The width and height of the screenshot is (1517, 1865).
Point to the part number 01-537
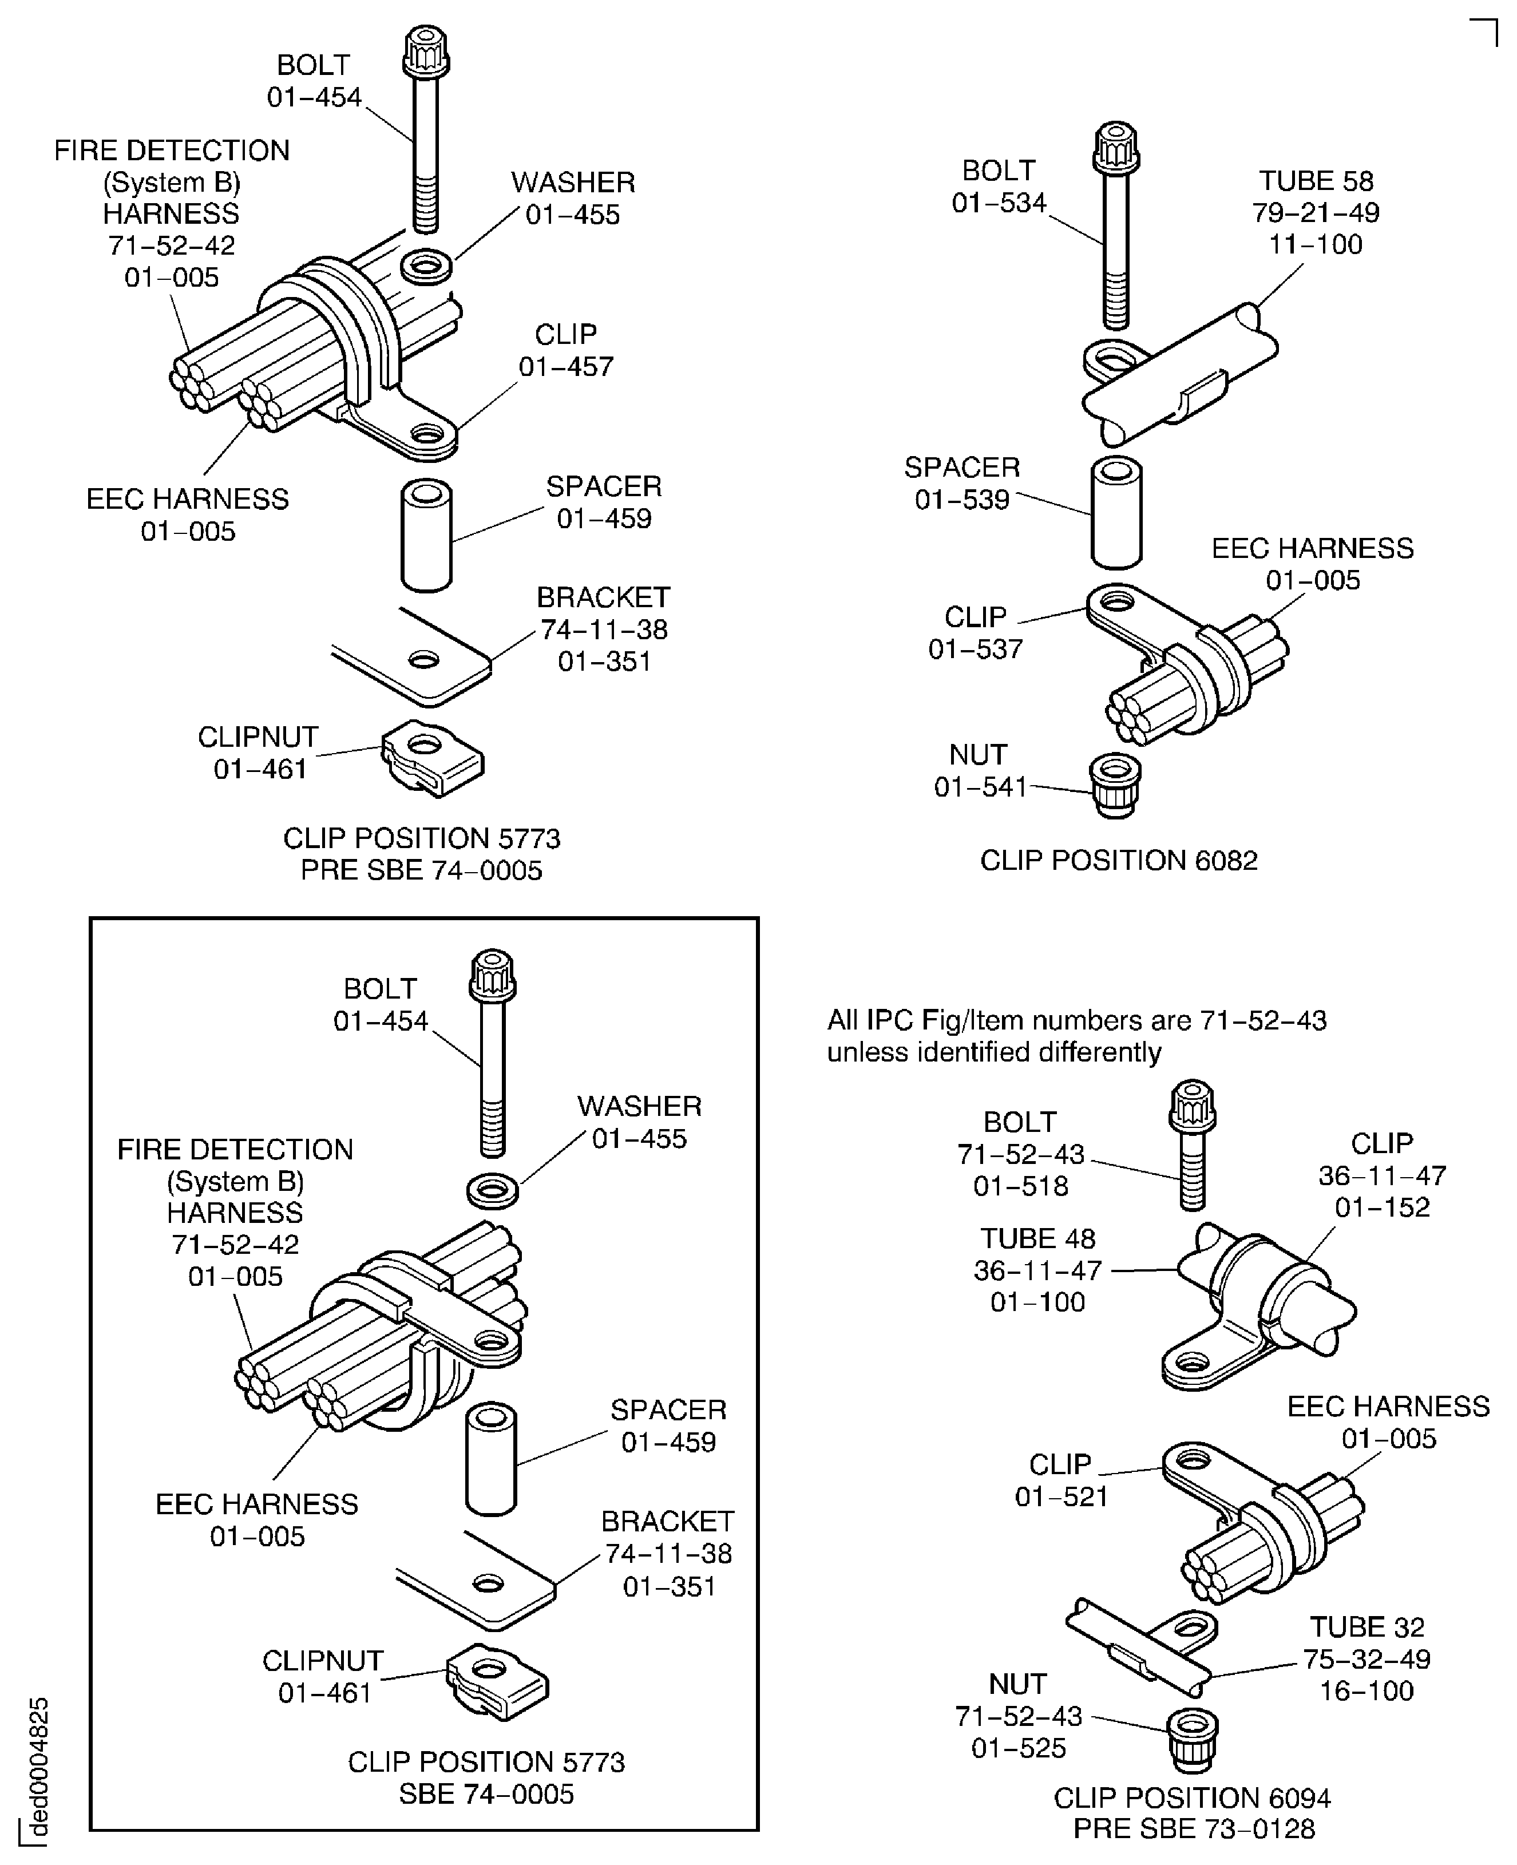pyautogui.click(x=975, y=650)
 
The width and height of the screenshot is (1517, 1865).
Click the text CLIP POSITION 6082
pyautogui.click(x=1119, y=860)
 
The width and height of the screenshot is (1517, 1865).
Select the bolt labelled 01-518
pyautogui.click(x=1193, y=1145)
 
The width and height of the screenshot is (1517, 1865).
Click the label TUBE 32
pyautogui.click(x=1367, y=1628)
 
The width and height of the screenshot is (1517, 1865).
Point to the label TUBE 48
pyautogui.click(x=1037, y=1238)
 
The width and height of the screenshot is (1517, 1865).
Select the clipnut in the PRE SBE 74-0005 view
pyautogui.click(x=431, y=757)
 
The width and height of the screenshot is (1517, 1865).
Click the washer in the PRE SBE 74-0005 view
pyautogui.click(x=426, y=265)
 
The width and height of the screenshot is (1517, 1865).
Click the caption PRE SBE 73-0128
pyautogui.click(x=1194, y=1828)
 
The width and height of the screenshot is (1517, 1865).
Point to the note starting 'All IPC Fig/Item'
pyautogui.click(x=1076, y=1036)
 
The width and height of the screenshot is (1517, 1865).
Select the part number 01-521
pyautogui.click(x=1061, y=1496)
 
